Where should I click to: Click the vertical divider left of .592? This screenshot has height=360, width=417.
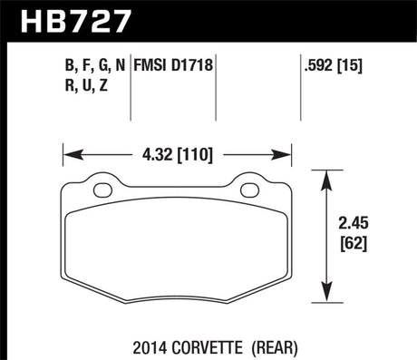tap(300, 86)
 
